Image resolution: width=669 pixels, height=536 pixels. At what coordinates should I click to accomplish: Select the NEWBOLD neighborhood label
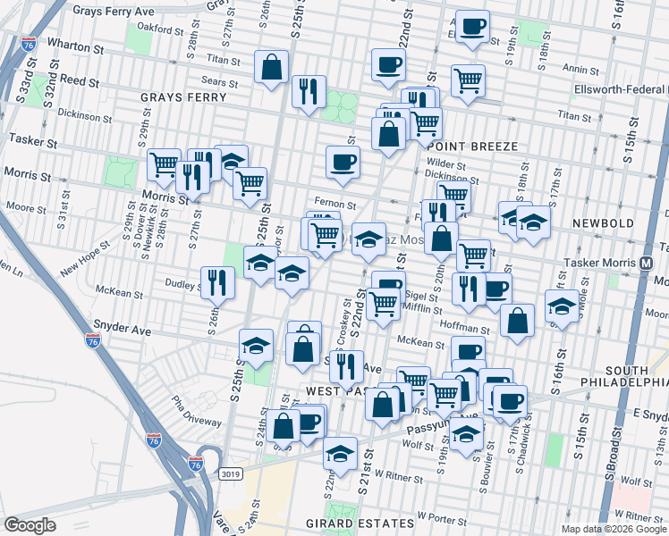[605, 222]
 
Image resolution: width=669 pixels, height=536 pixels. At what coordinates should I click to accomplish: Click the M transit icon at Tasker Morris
[646, 264]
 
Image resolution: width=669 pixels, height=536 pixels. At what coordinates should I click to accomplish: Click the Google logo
[30, 525]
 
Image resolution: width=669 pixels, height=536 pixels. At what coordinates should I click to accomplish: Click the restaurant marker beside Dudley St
[217, 283]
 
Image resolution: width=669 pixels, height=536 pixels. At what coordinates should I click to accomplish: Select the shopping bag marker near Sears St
[270, 67]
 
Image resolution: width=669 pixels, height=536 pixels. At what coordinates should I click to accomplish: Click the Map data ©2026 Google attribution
[614, 529]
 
